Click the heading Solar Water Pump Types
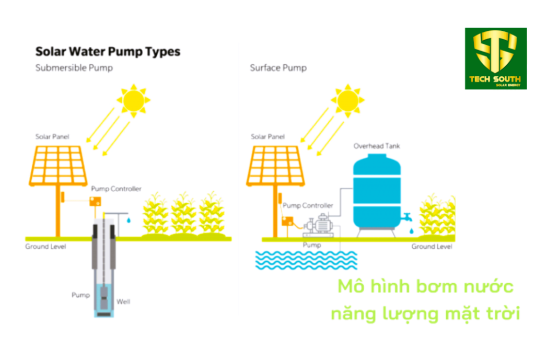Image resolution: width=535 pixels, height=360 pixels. pyautogui.click(x=108, y=52)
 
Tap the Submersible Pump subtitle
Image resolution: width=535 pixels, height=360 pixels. pyautogui.click(x=74, y=68)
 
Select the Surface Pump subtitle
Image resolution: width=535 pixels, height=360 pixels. pyautogui.click(x=278, y=68)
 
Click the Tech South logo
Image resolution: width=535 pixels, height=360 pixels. pyautogui.click(x=496, y=59)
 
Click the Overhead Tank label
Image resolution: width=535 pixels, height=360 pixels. pyautogui.click(x=377, y=146)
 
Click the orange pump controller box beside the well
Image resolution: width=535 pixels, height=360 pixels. pyautogui.click(x=96, y=202)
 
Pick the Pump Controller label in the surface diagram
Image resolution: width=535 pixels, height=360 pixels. pyautogui.click(x=308, y=205)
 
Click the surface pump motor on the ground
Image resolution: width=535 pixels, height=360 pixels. pyautogui.click(x=318, y=225)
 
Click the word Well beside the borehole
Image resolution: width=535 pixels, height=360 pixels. pyautogui.click(x=123, y=301)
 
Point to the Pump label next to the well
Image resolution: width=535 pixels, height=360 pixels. pyautogui.click(x=80, y=295)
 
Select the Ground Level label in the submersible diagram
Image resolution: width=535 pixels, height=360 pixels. pyautogui.click(x=46, y=246)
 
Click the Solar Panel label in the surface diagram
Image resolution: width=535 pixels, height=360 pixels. pyautogui.click(x=267, y=136)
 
